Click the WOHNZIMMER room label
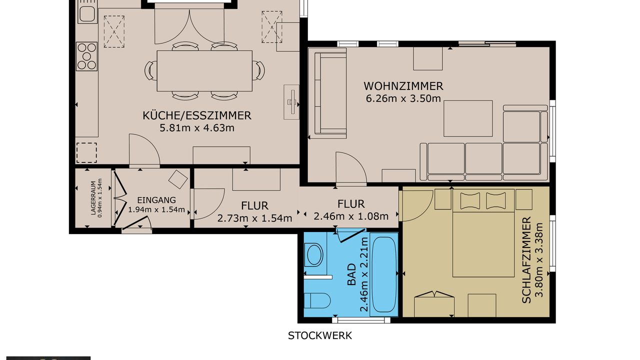coord(403,86)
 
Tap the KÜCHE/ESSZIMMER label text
coord(197,115)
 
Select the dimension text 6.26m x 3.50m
coord(403,98)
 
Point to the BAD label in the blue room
coord(351,274)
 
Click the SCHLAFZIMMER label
coord(526,259)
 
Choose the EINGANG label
coord(156,200)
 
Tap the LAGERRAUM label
coord(93,197)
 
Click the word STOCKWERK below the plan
coord(319,335)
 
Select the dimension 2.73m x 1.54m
coord(254,218)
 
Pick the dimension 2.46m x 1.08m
coord(351,216)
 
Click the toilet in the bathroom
coord(316,300)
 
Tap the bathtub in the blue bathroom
coord(383,275)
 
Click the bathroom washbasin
coord(314,254)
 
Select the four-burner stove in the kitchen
coord(86,56)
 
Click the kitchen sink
coord(87,14)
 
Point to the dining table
coord(204,71)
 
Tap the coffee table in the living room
coord(468,118)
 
